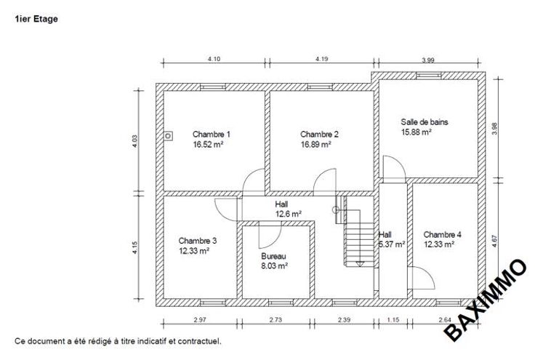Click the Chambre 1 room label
click(x=212, y=134)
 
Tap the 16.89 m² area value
click(x=315, y=144)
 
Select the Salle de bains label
click(x=424, y=122)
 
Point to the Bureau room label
click(x=273, y=256)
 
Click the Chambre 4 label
click(x=442, y=234)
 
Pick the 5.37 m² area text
click(x=392, y=244)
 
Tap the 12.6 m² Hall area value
click(x=289, y=214)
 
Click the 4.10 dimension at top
click(x=214, y=59)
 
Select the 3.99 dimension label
click(x=428, y=60)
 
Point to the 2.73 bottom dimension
click(x=275, y=320)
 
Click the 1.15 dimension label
click(x=393, y=320)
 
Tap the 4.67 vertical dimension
click(x=495, y=241)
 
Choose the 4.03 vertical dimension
click(x=135, y=141)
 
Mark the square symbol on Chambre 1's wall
click(x=168, y=136)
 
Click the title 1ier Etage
click(x=36, y=19)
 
